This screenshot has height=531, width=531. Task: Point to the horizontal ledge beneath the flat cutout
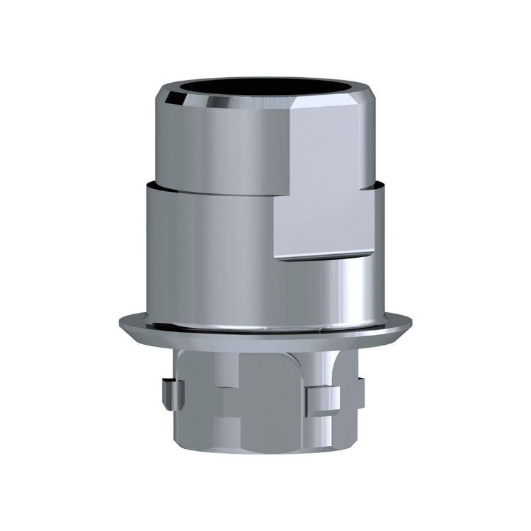326,256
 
